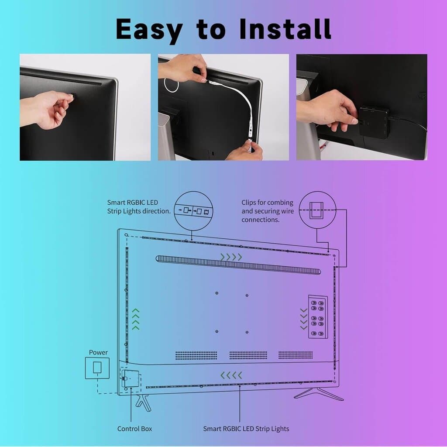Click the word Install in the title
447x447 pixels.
[285, 29]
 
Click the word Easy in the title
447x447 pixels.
[149, 30]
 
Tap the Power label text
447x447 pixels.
[98, 352]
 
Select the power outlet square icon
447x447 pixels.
[97, 367]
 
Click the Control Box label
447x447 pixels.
[134, 429]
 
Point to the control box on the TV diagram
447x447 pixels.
[131, 378]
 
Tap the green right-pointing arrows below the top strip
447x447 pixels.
[231, 257]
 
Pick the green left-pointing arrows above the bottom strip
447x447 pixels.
[231, 375]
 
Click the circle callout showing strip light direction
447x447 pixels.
[193, 210]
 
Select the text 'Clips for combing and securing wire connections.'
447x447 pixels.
[267, 211]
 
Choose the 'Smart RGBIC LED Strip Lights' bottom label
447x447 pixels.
[246, 429]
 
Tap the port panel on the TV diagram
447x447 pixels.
[317, 316]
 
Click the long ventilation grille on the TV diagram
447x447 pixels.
[238, 265]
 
